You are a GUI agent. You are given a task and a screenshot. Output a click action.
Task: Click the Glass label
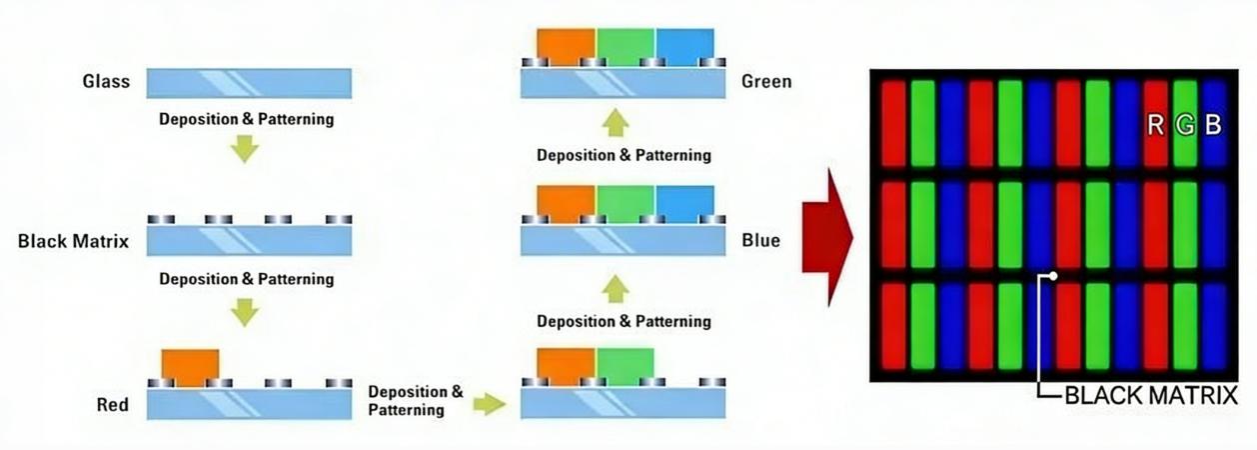[x=106, y=82]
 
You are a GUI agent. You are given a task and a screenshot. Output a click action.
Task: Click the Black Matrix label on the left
[x=73, y=241]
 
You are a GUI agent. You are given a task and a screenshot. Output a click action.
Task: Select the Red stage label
[x=112, y=405]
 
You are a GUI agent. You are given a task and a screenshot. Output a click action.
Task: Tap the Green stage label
[x=766, y=81]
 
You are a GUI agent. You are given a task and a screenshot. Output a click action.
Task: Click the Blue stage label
[x=760, y=241]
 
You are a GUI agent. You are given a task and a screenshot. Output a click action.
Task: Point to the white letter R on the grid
[x=1156, y=125]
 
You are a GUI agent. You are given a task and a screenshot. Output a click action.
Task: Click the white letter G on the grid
[x=1185, y=125]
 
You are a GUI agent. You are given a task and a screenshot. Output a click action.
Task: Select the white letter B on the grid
[x=1213, y=125]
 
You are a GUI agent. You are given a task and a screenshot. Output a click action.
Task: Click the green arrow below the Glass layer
[x=244, y=148]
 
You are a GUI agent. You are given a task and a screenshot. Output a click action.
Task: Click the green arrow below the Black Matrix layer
[x=244, y=312]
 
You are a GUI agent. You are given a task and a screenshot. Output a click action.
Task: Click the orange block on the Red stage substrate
[x=190, y=365]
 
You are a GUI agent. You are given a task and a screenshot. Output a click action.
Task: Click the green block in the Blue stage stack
[x=625, y=203]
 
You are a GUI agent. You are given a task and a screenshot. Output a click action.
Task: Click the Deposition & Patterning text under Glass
[x=246, y=119]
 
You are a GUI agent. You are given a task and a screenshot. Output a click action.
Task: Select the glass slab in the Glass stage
[x=249, y=83]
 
